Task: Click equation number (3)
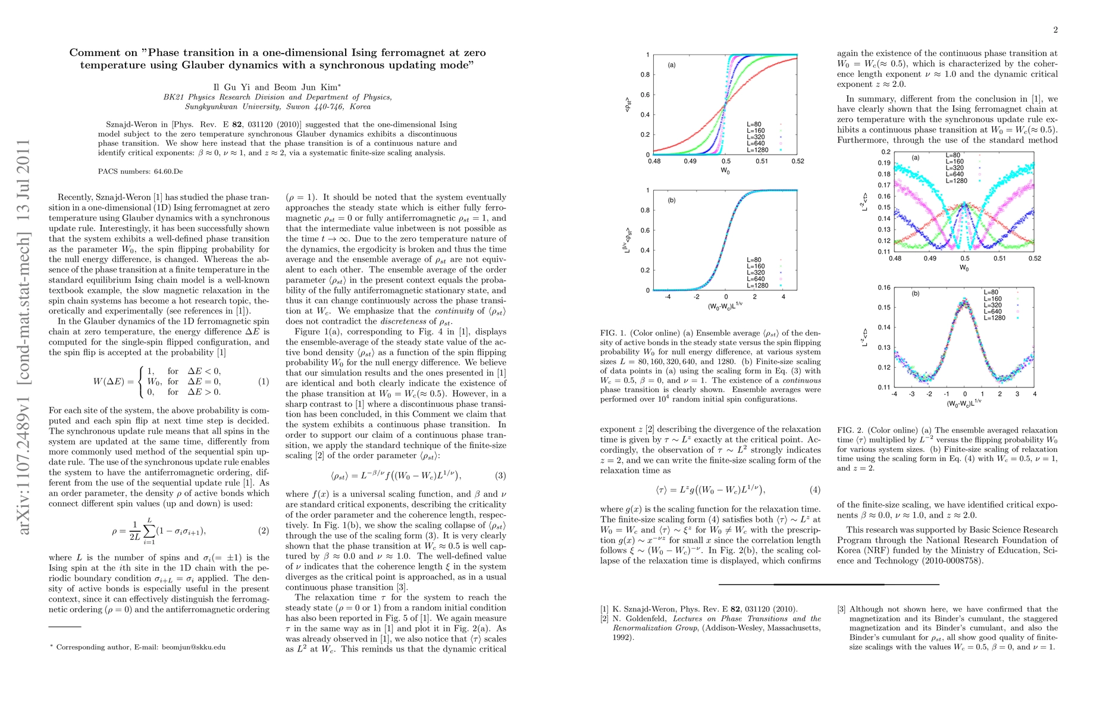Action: [x=500, y=475]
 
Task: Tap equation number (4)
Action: [x=814, y=490]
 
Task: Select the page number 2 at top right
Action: [x=1055, y=30]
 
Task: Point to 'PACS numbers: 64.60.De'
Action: [x=140, y=171]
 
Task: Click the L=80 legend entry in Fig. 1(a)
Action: [x=754, y=124]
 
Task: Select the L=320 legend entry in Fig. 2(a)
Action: [x=955, y=168]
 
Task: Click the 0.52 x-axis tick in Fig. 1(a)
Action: [x=797, y=161]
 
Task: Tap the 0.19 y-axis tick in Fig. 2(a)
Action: [x=885, y=163]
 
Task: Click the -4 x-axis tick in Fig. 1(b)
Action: [x=668, y=297]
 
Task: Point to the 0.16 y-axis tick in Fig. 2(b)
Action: [x=885, y=288]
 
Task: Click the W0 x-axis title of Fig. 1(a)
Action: [x=725, y=171]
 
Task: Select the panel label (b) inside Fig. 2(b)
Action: [x=915, y=293]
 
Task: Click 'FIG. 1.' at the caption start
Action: [x=613, y=333]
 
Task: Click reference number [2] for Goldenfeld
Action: [x=604, y=619]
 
